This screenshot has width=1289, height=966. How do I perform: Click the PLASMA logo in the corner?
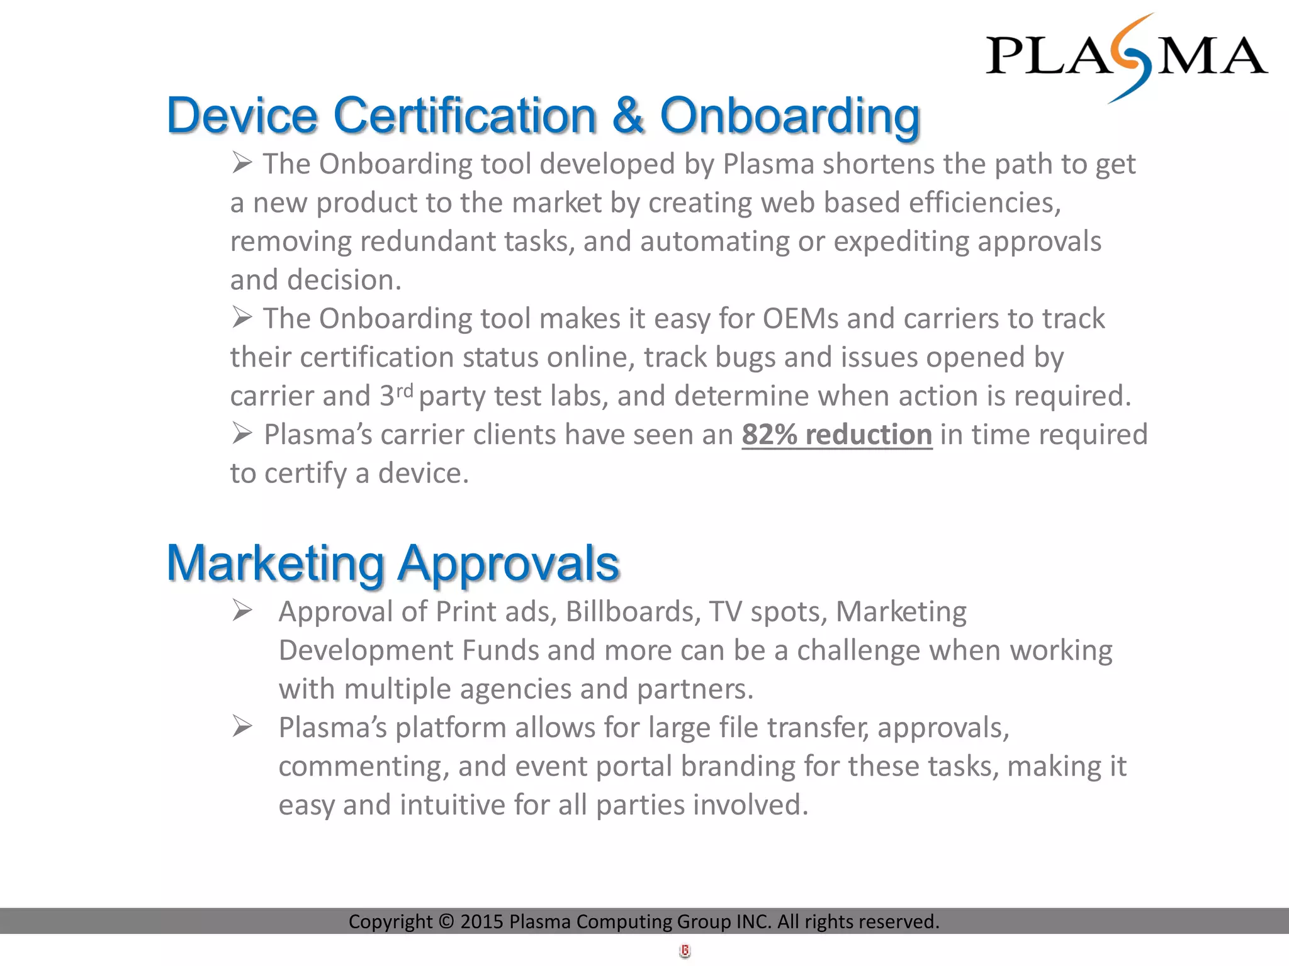(x=1126, y=57)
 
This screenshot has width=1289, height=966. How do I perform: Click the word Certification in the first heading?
(x=464, y=116)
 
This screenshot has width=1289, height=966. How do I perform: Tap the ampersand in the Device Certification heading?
(x=628, y=116)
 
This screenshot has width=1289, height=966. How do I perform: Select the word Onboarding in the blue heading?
(x=789, y=117)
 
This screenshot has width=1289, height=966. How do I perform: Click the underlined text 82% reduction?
(x=836, y=435)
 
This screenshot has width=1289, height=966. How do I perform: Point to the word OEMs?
(x=801, y=319)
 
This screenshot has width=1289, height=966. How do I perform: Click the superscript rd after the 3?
(x=404, y=391)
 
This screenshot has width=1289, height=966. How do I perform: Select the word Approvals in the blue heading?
(x=509, y=564)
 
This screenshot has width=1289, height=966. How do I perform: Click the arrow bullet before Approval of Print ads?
(x=242, y=610)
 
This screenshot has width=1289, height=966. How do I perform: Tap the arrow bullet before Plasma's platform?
(x=242, y=726)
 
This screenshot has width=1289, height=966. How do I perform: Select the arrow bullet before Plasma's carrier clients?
(x=242, y=433)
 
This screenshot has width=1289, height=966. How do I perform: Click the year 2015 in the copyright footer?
(x=481, y=921)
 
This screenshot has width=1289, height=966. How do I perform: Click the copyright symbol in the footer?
(x=446, y=921)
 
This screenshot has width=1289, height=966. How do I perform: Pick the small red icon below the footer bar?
(x=685, y=951)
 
